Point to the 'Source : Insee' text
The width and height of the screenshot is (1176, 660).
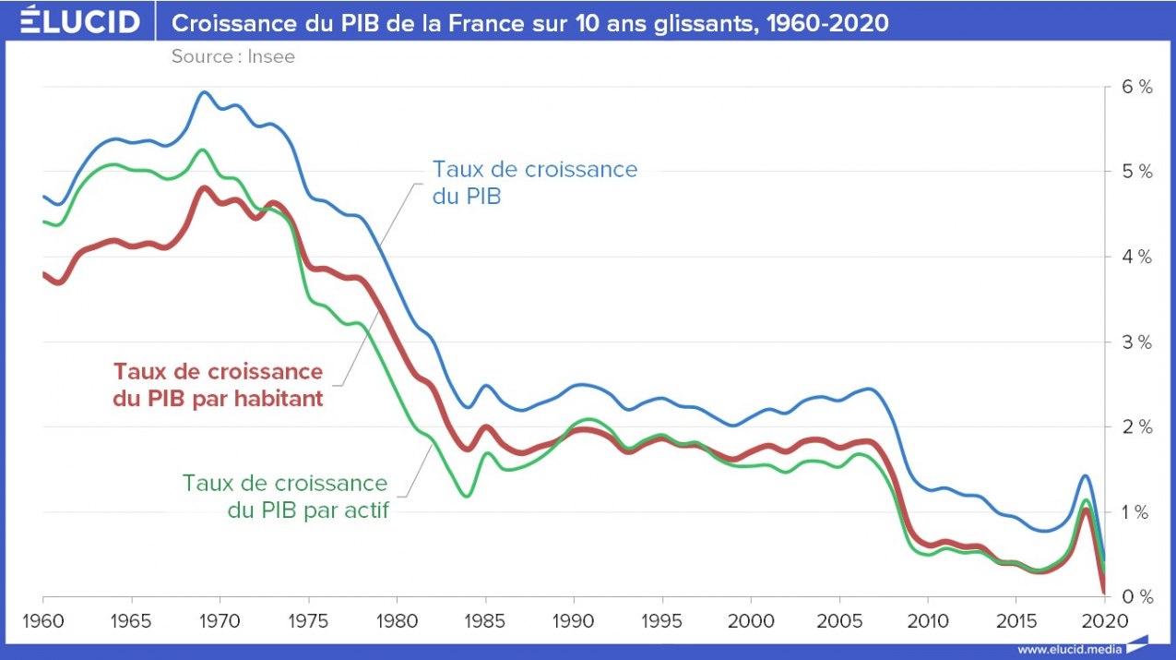point(232,57)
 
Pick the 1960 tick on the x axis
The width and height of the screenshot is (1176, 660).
point(42,619)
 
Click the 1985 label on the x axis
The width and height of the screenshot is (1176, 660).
point(485,619)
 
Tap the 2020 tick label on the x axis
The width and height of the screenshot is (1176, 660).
point(1105,619)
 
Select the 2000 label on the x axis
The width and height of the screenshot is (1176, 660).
point(751,619)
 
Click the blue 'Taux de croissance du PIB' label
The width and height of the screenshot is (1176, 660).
point(535,182)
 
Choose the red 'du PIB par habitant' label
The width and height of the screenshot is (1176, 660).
point(218,400)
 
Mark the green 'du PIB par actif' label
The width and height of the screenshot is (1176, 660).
point(307,510)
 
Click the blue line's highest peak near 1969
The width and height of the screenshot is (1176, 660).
point(204,92)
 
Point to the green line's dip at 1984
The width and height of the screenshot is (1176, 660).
point(467,497)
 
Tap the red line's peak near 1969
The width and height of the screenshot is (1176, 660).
point(204,188)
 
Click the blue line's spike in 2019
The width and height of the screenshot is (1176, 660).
point(1086,475)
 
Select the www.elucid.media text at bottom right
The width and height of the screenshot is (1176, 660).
point(1070,648)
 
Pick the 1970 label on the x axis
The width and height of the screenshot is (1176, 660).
point(220,619)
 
